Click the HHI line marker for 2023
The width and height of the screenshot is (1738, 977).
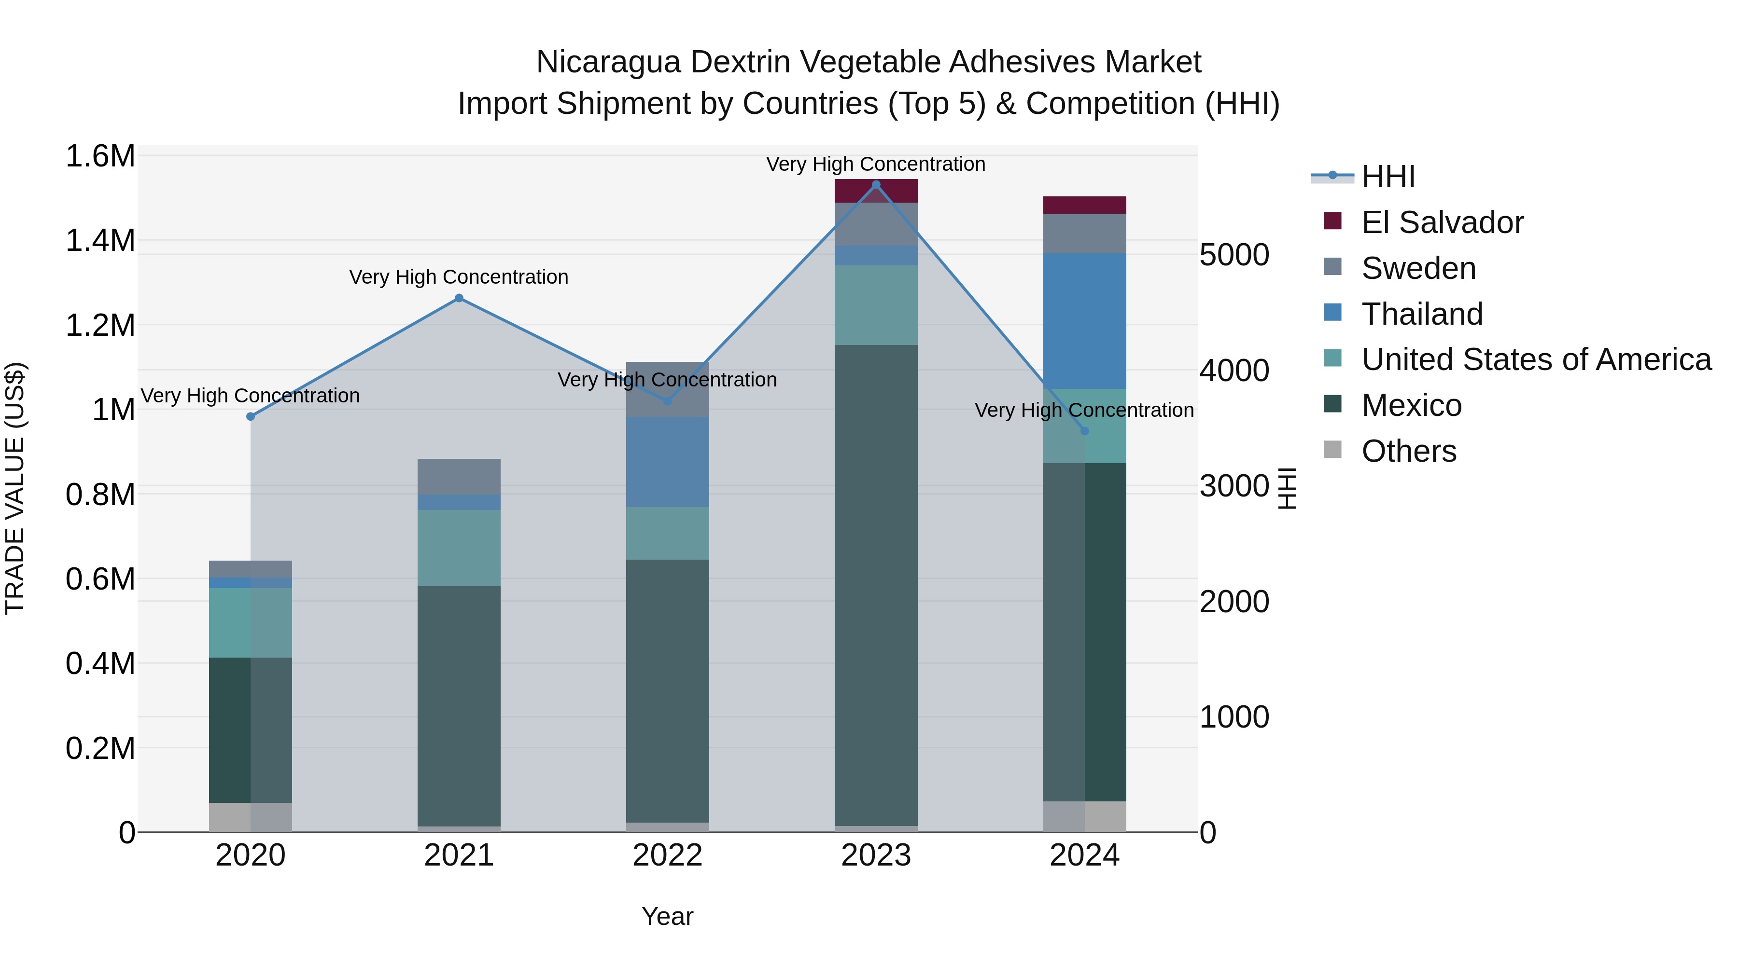coord(876,185)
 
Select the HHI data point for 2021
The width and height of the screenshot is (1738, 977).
coord(459,298)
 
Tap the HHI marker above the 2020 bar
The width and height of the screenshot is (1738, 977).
coord(250,417)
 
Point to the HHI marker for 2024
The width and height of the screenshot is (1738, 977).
coord(1084,431)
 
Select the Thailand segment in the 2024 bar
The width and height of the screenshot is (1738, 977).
coord(1084,321)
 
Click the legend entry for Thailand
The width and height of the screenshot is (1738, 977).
coord(1422,314)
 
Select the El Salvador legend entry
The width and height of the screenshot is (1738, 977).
coord(1442,222)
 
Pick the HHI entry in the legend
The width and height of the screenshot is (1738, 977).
coord(1388,177)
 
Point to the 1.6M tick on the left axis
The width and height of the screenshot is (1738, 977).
coord(100,156)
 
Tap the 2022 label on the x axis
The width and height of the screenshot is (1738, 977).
coord(667,855)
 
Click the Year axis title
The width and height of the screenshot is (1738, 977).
coord(667,916)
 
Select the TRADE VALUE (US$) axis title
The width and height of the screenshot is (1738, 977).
coord(15,488)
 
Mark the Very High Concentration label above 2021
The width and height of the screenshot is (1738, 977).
coord(459,277)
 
